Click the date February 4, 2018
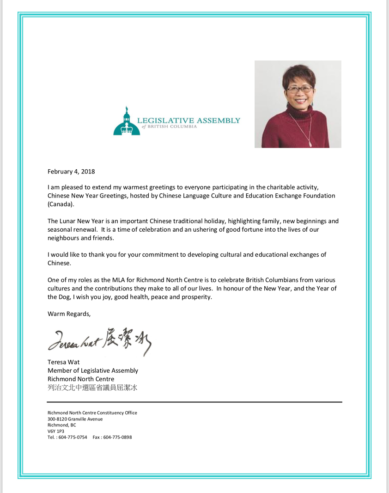point(71,172)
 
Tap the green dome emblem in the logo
point(126,123)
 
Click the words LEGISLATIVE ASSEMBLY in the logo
point(192,121)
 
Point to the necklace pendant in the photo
point(310,144)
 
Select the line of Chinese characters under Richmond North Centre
point(92,388)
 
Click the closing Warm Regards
point(69,314)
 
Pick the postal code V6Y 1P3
point(56,431)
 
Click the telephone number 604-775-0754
point(73,437)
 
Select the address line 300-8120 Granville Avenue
point(75,419)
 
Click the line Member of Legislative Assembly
point(93,370)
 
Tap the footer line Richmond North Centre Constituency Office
point(92,413)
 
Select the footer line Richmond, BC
point(62,425)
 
